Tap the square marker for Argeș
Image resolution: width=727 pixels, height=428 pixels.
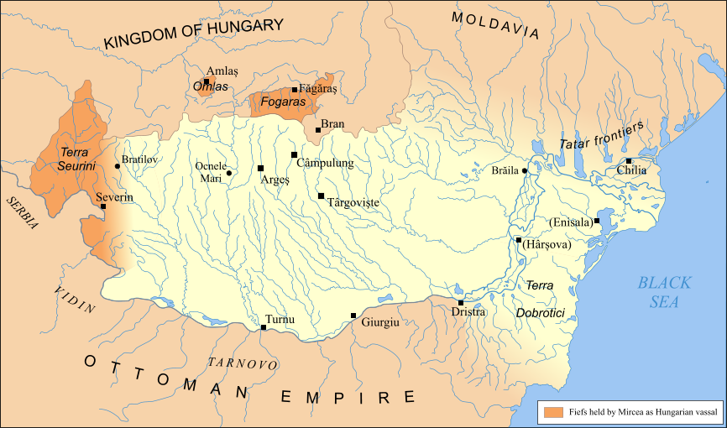260,168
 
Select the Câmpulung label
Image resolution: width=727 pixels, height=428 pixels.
330,164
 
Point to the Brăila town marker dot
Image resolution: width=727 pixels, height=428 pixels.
525,170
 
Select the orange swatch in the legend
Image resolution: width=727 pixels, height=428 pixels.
552,412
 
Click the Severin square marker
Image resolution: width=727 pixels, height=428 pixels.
103,206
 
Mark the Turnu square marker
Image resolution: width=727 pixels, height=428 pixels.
264,327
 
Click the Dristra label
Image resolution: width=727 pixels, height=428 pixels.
468,312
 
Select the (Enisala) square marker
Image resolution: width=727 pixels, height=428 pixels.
596,222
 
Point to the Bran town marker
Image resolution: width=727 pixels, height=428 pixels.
318,129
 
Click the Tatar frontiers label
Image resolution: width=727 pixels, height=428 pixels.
601,136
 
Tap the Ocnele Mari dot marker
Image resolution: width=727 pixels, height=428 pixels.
228,173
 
